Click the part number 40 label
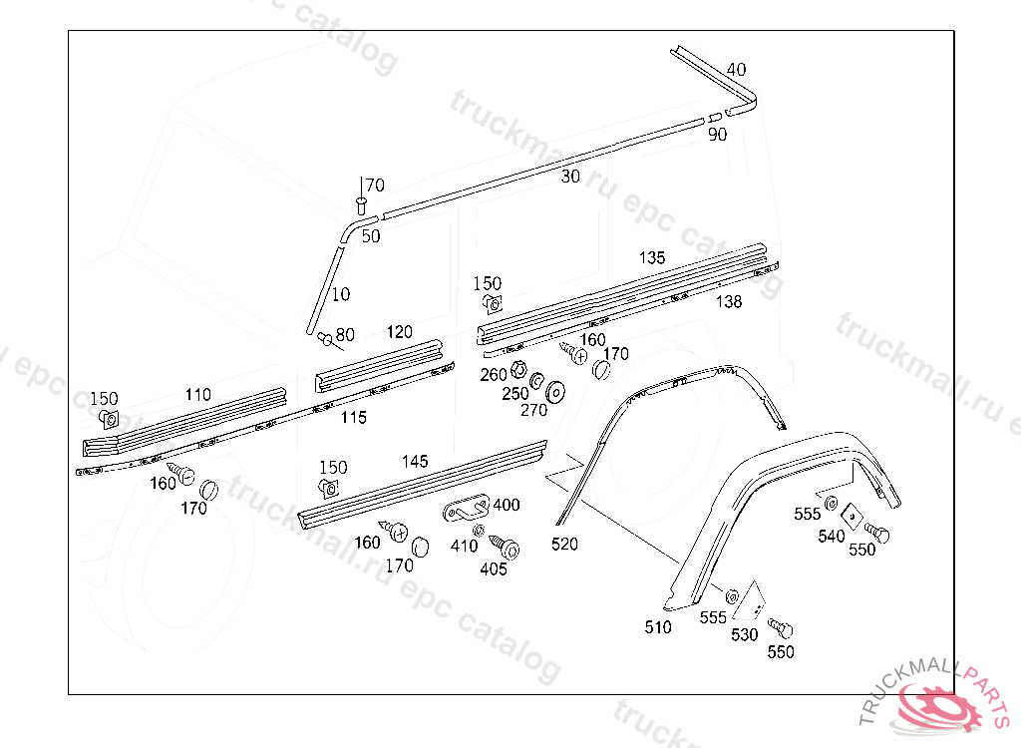[736, 70]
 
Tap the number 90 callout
[717, 135]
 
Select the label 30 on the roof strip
[570, 177]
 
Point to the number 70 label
[374, 186]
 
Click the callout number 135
[652, 258]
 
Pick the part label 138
[729, 302]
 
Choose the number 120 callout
[400, 332]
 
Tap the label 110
[197, 396]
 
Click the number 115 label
[353, 418]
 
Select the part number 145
[415, 462]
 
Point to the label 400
[507, 506]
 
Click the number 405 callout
[494, 569]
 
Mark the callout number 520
[564, 545]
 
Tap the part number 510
[658, 627]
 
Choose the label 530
[745, 634]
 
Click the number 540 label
[831, 537]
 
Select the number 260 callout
[494, 375]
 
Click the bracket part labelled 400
[464, 510]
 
